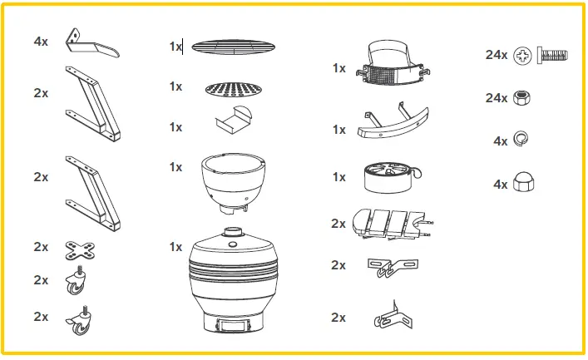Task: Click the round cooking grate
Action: pyautogui.click(x=227, y=47)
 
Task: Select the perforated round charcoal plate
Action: pyautogui.click(x=226, y=89)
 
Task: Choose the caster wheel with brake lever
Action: pyautogui.click(x=80, y=323)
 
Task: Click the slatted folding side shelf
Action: pyautogui.click(x=393, y=222)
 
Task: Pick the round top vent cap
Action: pyautogui.click(x=389, y=177)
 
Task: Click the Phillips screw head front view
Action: pyautogui.click(x=523, y=55)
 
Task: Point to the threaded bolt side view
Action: pyautogui.click(x=553, y=55)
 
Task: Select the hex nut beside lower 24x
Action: pyautogui.click(x=523, y=98)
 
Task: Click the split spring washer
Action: pyautogui.click(x=523, y=141)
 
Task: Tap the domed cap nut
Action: pyautogui.click(x=523, y=184)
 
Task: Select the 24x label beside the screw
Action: pyautogui.click(x=497, y=55)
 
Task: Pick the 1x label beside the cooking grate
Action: pyautogui.click(x=175, y=47)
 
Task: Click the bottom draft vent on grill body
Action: pyautogui.click(x=234, y=327)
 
